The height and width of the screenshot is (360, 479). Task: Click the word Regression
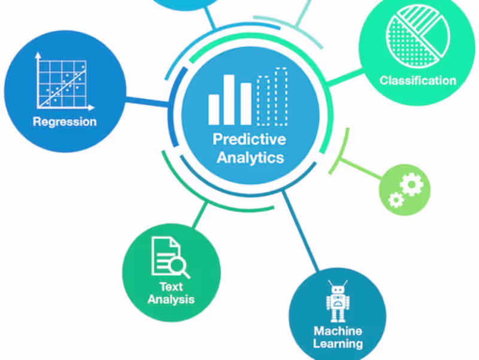click(65, 122)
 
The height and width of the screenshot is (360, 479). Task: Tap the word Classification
click(418, 80)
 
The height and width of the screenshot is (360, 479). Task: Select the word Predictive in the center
click(250, 140)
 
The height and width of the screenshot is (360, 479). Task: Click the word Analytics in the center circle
click(250, 158)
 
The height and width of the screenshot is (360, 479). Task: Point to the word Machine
click(338, 331)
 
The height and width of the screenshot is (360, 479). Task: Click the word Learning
click(338, 344)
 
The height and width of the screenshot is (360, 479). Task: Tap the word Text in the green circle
click(171, 286)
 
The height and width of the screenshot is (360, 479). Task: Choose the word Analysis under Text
click(171, 299)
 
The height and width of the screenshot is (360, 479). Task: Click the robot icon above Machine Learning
click(338, 302)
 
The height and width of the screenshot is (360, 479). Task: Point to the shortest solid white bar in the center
click(214, 109)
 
